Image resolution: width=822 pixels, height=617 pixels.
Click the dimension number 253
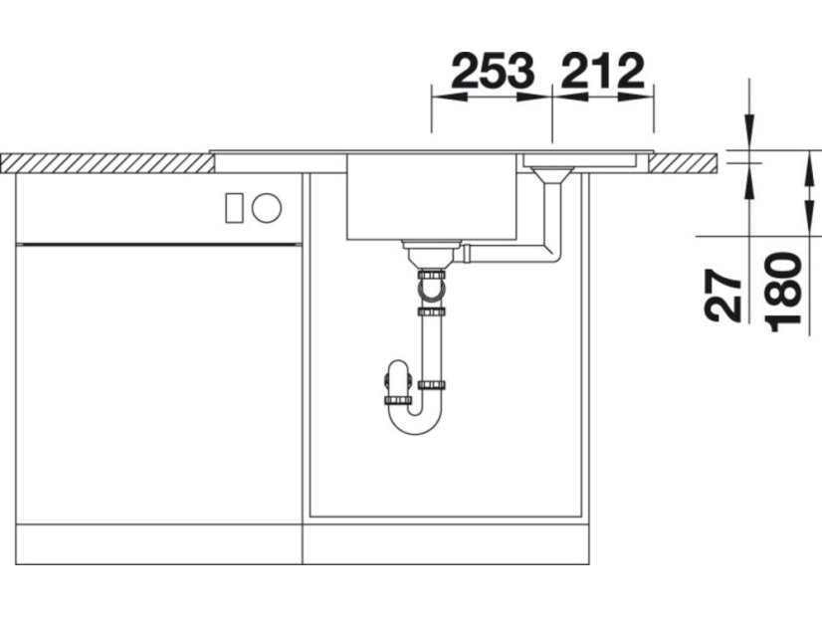point(493,71)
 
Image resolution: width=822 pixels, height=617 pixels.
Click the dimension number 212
point(602,71)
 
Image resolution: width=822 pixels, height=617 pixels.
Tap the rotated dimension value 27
point(723,296)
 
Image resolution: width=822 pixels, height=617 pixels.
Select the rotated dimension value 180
point(783,293)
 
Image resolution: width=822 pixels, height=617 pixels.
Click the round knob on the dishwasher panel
point(267,208)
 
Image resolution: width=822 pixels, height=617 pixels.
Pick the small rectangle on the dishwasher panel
point(234,208)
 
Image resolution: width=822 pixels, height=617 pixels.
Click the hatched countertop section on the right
point(683,163)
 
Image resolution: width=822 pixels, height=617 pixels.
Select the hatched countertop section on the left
point(107,163)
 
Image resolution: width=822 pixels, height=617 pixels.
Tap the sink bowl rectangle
point(432,197)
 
